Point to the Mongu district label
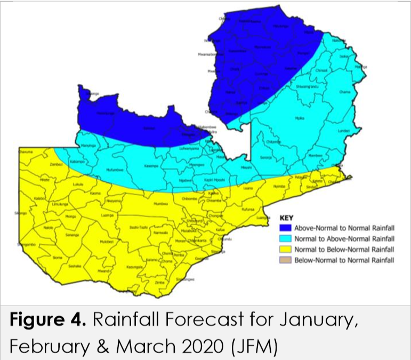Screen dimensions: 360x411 (x=71, y=217)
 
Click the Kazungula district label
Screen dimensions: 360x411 (x=133, y=267)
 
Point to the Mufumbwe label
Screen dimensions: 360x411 (x=115, y=172)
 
